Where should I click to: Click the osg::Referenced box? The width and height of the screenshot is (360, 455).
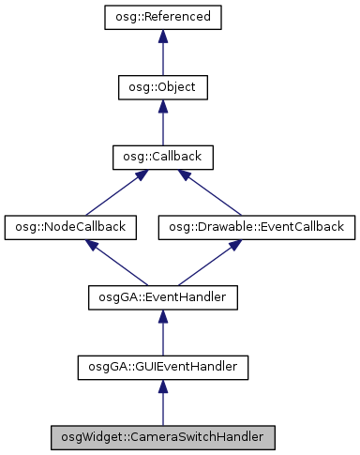click(162, 17)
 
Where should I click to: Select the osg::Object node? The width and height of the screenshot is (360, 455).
click(162, 87)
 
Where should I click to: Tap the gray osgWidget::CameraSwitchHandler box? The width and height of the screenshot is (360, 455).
click(162, 437)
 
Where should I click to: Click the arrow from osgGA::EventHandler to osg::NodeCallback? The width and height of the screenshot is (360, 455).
click(116, 263)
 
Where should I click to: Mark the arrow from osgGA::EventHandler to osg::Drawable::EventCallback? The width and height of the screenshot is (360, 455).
click(207, 263)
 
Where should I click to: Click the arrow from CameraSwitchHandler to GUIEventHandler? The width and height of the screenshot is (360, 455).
click(162, 404)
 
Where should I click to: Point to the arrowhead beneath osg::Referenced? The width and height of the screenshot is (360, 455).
click(162, 37)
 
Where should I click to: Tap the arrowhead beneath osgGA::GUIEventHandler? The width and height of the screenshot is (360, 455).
click(162, 387)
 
